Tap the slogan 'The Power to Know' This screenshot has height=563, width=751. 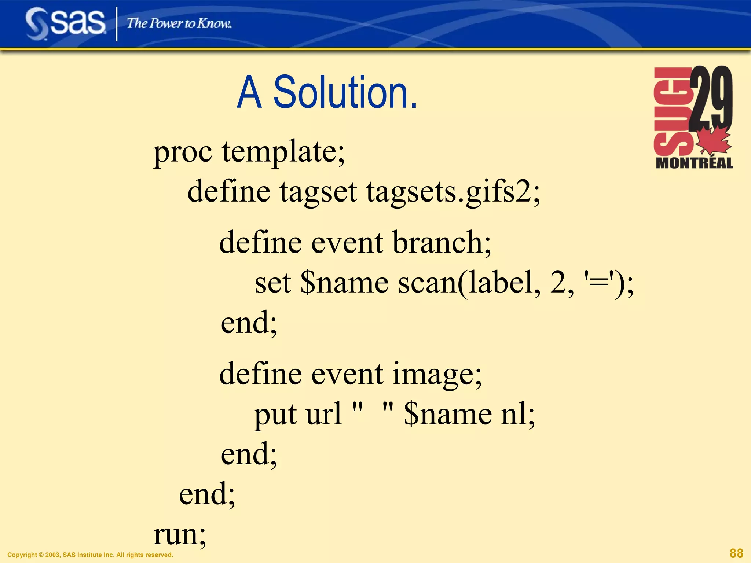click(179, 23)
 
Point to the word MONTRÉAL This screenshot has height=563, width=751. click(694, 163)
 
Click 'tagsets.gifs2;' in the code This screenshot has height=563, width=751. click(453, 192)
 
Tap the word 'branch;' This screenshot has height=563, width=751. click(442, 243)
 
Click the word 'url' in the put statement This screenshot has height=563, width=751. click(324, 414)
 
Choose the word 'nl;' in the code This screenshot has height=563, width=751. click(518, 414)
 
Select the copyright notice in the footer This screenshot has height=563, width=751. click(90, 555)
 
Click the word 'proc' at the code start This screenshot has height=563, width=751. click(183, 152)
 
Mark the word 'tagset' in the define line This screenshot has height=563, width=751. click(318, 192)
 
